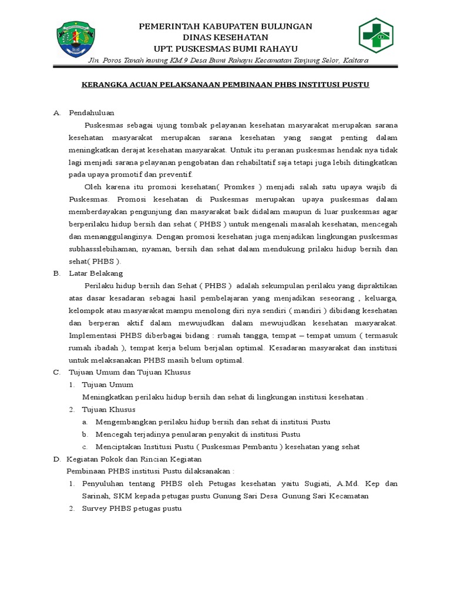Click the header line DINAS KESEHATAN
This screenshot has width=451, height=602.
[225, 37]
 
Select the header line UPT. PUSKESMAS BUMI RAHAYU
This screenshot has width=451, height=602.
[225, 48]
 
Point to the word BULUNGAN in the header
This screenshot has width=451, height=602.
[286, 26]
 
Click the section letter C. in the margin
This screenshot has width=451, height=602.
[56, 372]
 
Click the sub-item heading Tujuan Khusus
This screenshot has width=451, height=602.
[109, 409]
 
